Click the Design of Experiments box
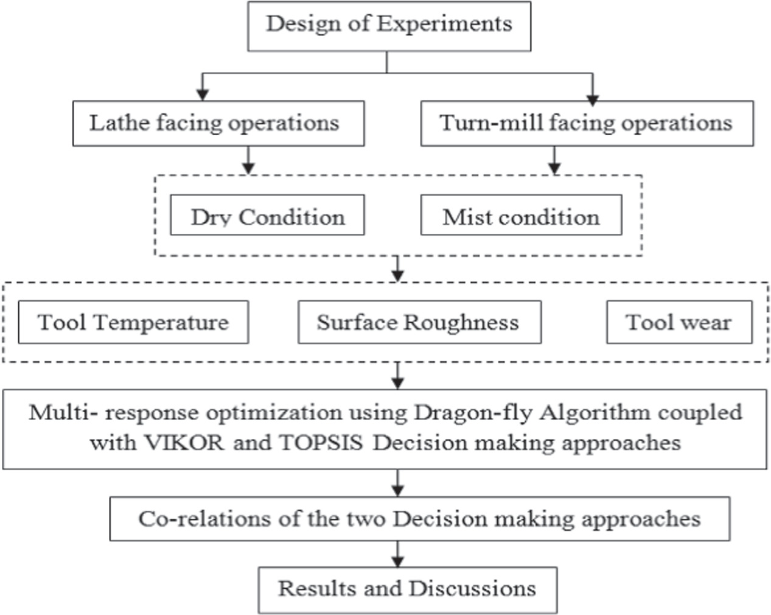389,26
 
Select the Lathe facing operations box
218,124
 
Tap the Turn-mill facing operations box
587,124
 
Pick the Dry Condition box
267,216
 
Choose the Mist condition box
521,216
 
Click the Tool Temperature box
133,322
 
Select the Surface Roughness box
419,322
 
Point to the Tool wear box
679,322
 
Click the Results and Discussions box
407,589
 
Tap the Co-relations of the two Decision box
419,519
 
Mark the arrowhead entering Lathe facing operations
203,94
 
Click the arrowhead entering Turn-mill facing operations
593,99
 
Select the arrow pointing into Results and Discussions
397,559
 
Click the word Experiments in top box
444,24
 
